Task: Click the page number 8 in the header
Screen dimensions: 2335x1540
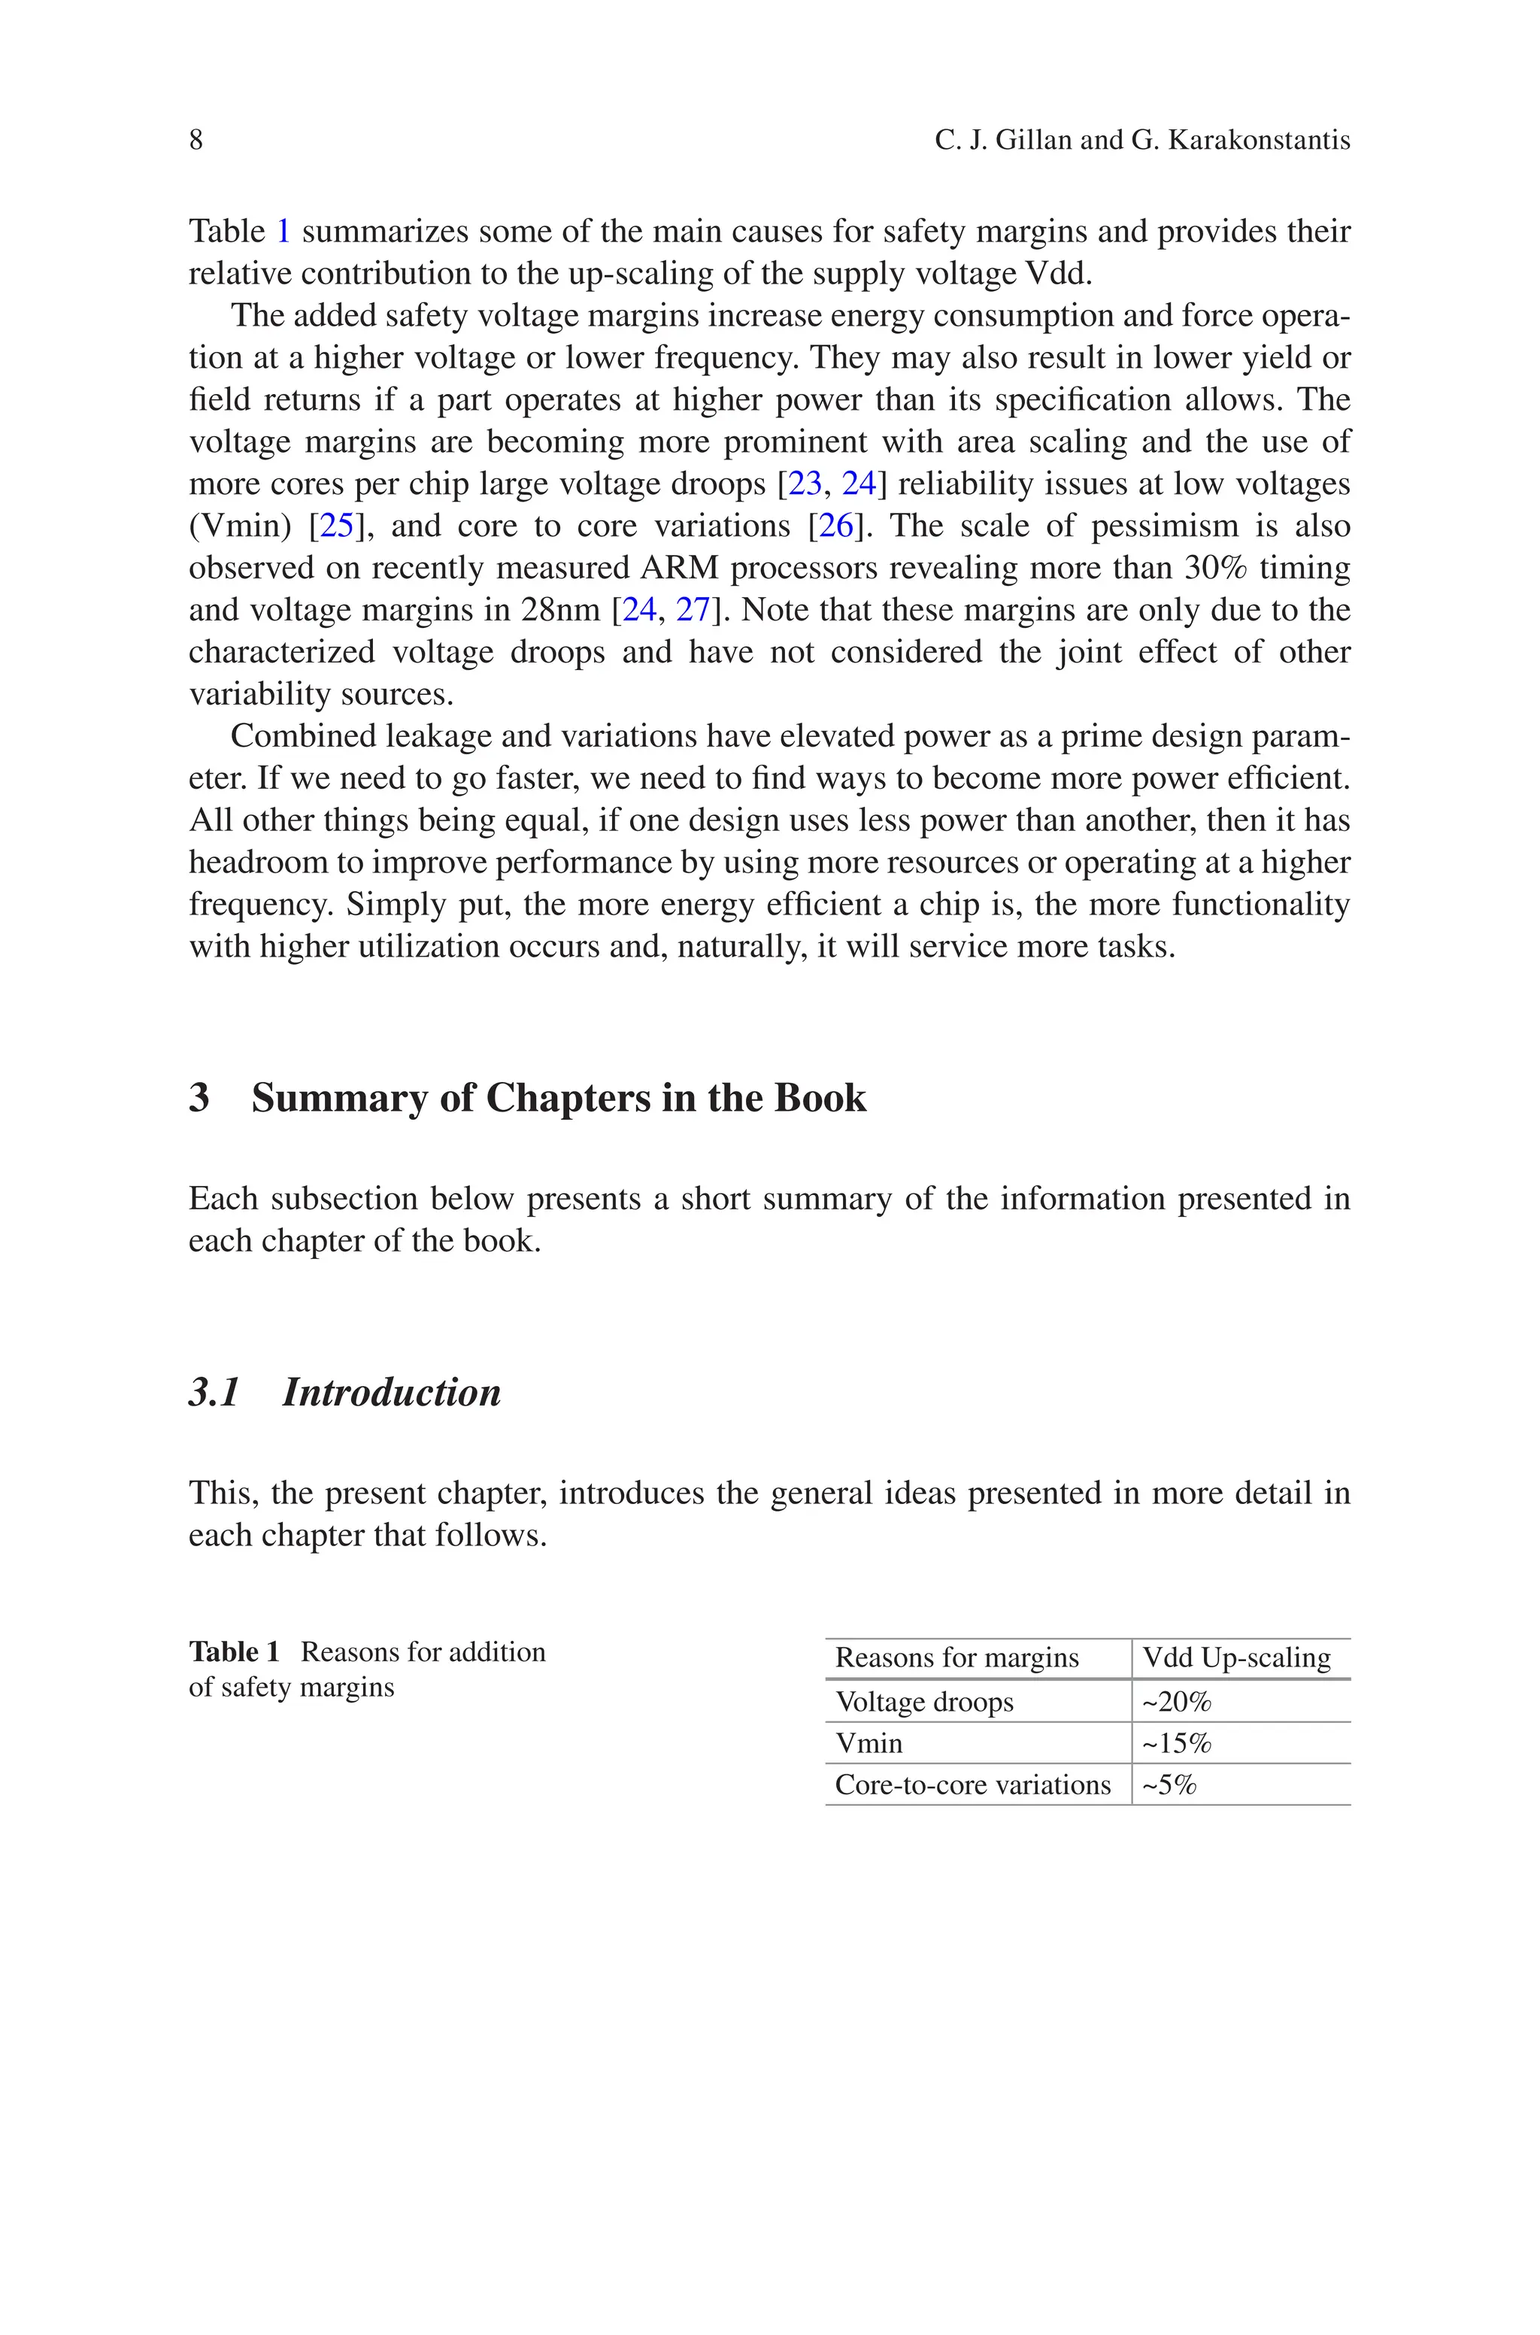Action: (x=196, y=141)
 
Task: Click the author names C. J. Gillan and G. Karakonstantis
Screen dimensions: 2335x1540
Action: (x=1142, y=141)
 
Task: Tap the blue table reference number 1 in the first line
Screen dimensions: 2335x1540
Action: (x=283, y=232)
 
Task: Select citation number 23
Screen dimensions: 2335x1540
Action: (x=805, y=484)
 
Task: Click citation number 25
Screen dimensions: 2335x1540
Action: (x=337, y=526)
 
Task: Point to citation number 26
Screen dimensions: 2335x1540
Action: (x=836, y=526)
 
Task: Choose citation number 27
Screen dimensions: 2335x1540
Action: (x=693, y=611)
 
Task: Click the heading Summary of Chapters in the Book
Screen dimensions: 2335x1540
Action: (x=558, y=1098)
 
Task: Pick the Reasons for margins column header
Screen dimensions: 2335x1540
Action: (x=956, y=1658)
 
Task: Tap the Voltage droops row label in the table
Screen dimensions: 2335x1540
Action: (x=924, y=1702)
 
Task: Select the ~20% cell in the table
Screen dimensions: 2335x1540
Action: (x=1177, y=1702)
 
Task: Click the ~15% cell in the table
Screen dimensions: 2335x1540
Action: (x=1177, y=1744)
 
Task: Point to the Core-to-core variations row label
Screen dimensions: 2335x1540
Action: (x=972, y=1785)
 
